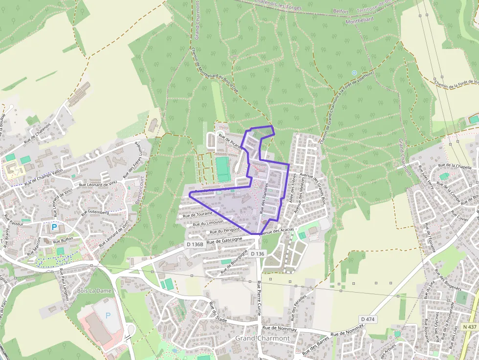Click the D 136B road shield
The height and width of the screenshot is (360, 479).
pyautogui.click(x=195, y=244)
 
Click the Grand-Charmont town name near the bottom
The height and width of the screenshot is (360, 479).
pyautogui.click(x=262, y=338)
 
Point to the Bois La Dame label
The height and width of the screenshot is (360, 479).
pyautogui.click(x=94, y=291)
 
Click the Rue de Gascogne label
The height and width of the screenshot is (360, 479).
pyautogui.click(x=224, y=240)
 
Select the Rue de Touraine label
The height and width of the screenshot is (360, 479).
pyautogui.click(x=198, y=214)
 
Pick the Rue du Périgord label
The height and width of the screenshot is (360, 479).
pyautogui.click(x=224, y=230)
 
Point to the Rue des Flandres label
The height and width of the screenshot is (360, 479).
pyautogui.click(x=264, y=198)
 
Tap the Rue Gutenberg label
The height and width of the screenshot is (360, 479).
pyautogui.click(x=95, y=212)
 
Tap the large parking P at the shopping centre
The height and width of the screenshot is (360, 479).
pyautogui.click(x=108, y=315)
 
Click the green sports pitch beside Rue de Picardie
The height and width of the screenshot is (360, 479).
pyautogui.click(x=223, y=169)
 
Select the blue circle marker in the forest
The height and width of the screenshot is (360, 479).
pyautogui.click(x=354, y=73)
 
